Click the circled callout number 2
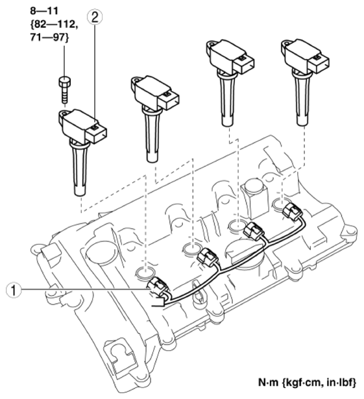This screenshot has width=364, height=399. pyautogui.click(x=95, y=18)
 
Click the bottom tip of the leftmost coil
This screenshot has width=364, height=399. pyautogui.click(x=80, y=192)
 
